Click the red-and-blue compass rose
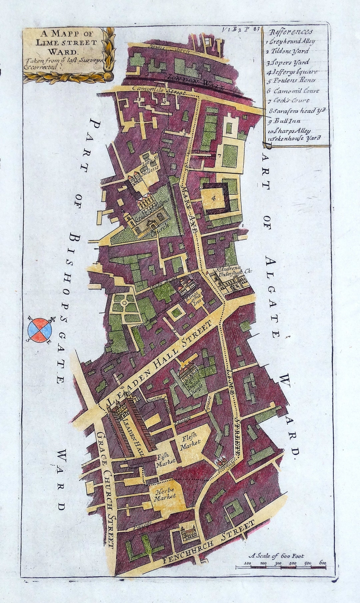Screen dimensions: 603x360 coord(40,330)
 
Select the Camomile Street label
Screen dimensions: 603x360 coord(159,90)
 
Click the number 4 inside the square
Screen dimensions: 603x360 coord(214,198)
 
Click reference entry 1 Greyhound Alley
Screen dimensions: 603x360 coord(291,42)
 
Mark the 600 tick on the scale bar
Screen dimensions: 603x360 coord(322,563)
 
